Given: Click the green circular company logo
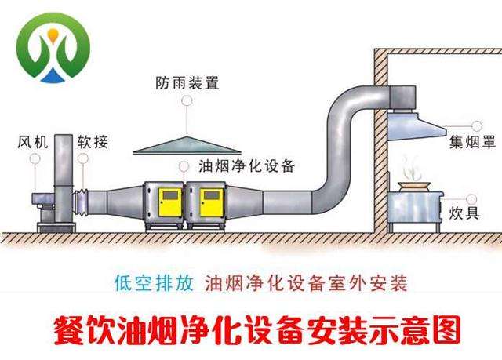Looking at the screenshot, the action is click(x=53, y=47).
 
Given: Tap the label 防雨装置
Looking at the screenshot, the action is click(x=187, y=82).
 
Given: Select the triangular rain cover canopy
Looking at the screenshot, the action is click(x=187, y=146).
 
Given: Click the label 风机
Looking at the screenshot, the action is click(x=33, y=142).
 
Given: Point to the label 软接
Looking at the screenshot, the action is click(x=93, y=142).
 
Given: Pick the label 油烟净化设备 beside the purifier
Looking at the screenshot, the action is click(x=246, y=165).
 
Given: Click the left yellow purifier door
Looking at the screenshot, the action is click(x=171, y=202).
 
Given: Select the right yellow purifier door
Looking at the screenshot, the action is click(x=212, y=202).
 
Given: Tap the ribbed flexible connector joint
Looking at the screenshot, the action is click(x=80, y=202).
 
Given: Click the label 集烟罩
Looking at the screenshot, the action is click(x=472, y=142).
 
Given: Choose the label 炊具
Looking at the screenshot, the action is click(x=464, y=213).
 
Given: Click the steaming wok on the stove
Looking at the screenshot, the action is click(x=414, y=185).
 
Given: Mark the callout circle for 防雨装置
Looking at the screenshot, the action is click(x=187, y=100).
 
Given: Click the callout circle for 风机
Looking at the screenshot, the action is click(x=35, y=158).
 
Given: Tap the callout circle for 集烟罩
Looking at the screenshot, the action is click(x=477, y=126).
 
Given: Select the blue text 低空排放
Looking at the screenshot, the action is click(x=154, y=283).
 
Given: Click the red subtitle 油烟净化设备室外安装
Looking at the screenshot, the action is click(x=306, y=283).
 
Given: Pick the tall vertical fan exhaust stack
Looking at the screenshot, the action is click(x=64, y=177).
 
